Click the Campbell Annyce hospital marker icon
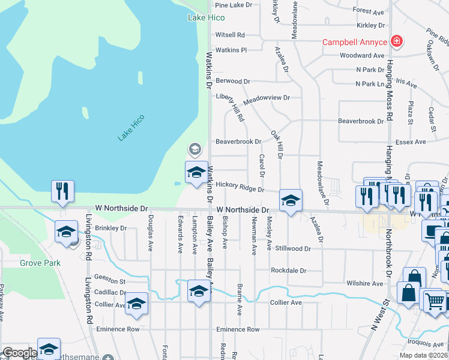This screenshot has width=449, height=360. click(396, 41)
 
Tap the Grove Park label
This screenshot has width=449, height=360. click(36, 263)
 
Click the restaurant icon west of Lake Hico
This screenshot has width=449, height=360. click(62, 191)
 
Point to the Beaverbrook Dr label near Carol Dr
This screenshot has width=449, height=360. click(238, 142)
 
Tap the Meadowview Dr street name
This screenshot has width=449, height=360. click(267, 97)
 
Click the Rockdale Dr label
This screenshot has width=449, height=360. click(288, 271)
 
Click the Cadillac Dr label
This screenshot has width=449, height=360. click(110, 292)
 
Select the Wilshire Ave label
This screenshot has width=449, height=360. click(364, 283)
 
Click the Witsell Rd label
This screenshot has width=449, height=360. click(230, 35)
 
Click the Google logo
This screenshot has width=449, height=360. click(20, 353)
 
